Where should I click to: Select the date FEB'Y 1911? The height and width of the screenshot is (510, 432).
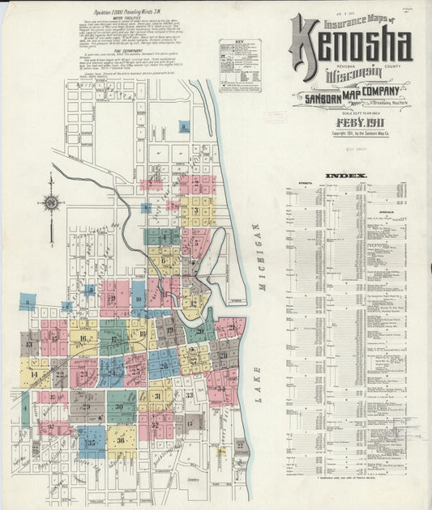pyautogui.click(x=357, y=122)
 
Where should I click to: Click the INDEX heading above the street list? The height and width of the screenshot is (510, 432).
pyautogui.click(x=346, y=176)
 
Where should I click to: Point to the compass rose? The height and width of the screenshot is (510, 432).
pyautogui.click(x=51, y=202)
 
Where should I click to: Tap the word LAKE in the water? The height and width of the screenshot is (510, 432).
pyautogui.click(x=257, y=393)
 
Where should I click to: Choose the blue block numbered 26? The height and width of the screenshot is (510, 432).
pyautogui.click(x=164, y=364)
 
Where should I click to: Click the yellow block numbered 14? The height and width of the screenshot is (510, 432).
pyautogui.click(x=34, y=374)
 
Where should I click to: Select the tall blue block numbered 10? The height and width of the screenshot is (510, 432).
pyautogui.click(x=139, y=300)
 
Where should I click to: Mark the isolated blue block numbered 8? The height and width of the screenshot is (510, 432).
pyautogui.click(x=185, y=127)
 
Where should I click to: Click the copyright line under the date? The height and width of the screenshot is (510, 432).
pyautogui.click(x=356, y=133)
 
